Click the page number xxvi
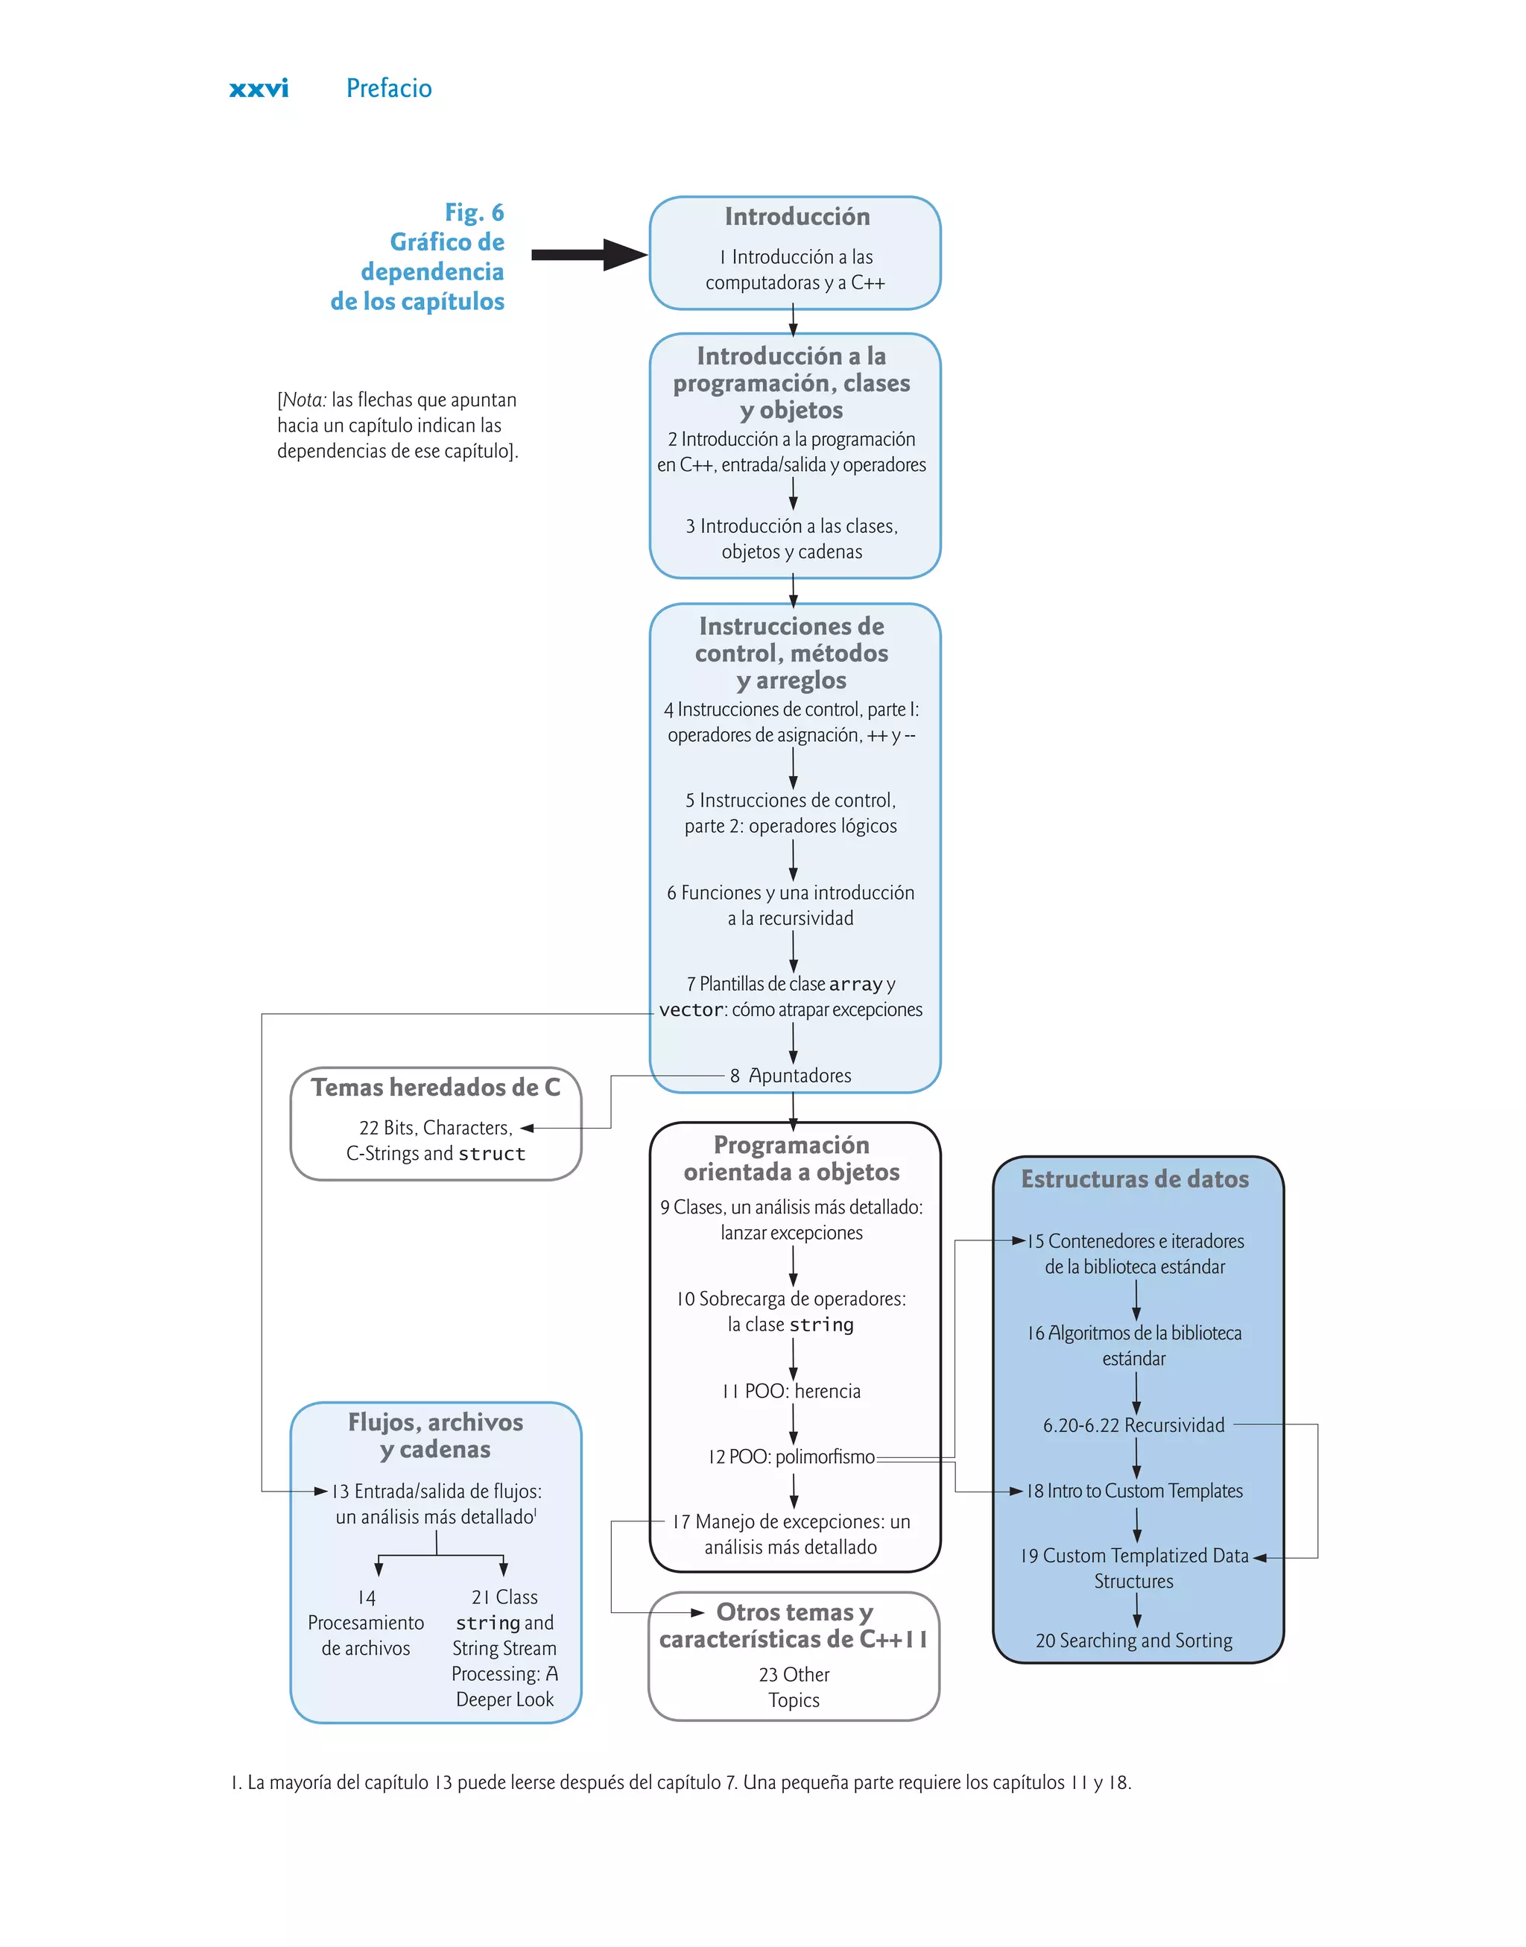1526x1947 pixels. click(x=259, y=89)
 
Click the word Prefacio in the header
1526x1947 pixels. click(x=389, y=89)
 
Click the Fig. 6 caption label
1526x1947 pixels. click(x=474, y=212)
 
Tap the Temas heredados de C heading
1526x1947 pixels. click(x=435, y=1088)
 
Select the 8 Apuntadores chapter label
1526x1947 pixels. click(x=791, y=1076)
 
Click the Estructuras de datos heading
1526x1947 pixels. click(x=1135, y=1179)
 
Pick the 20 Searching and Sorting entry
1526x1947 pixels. click(x=1134, y=1641)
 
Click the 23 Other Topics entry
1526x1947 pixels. click(x=794, y=1687)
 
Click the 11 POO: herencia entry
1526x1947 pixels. click(x=791, y=1391)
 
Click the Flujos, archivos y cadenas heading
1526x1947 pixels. click(x=435, y=1435)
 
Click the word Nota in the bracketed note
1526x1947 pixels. click(x=304, y=400)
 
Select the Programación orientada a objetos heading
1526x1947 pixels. click(x=791, y=1158)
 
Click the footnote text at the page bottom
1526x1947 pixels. click(x=681, y=1782)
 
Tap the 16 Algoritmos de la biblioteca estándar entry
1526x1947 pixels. click(x=1134, y=1345)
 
